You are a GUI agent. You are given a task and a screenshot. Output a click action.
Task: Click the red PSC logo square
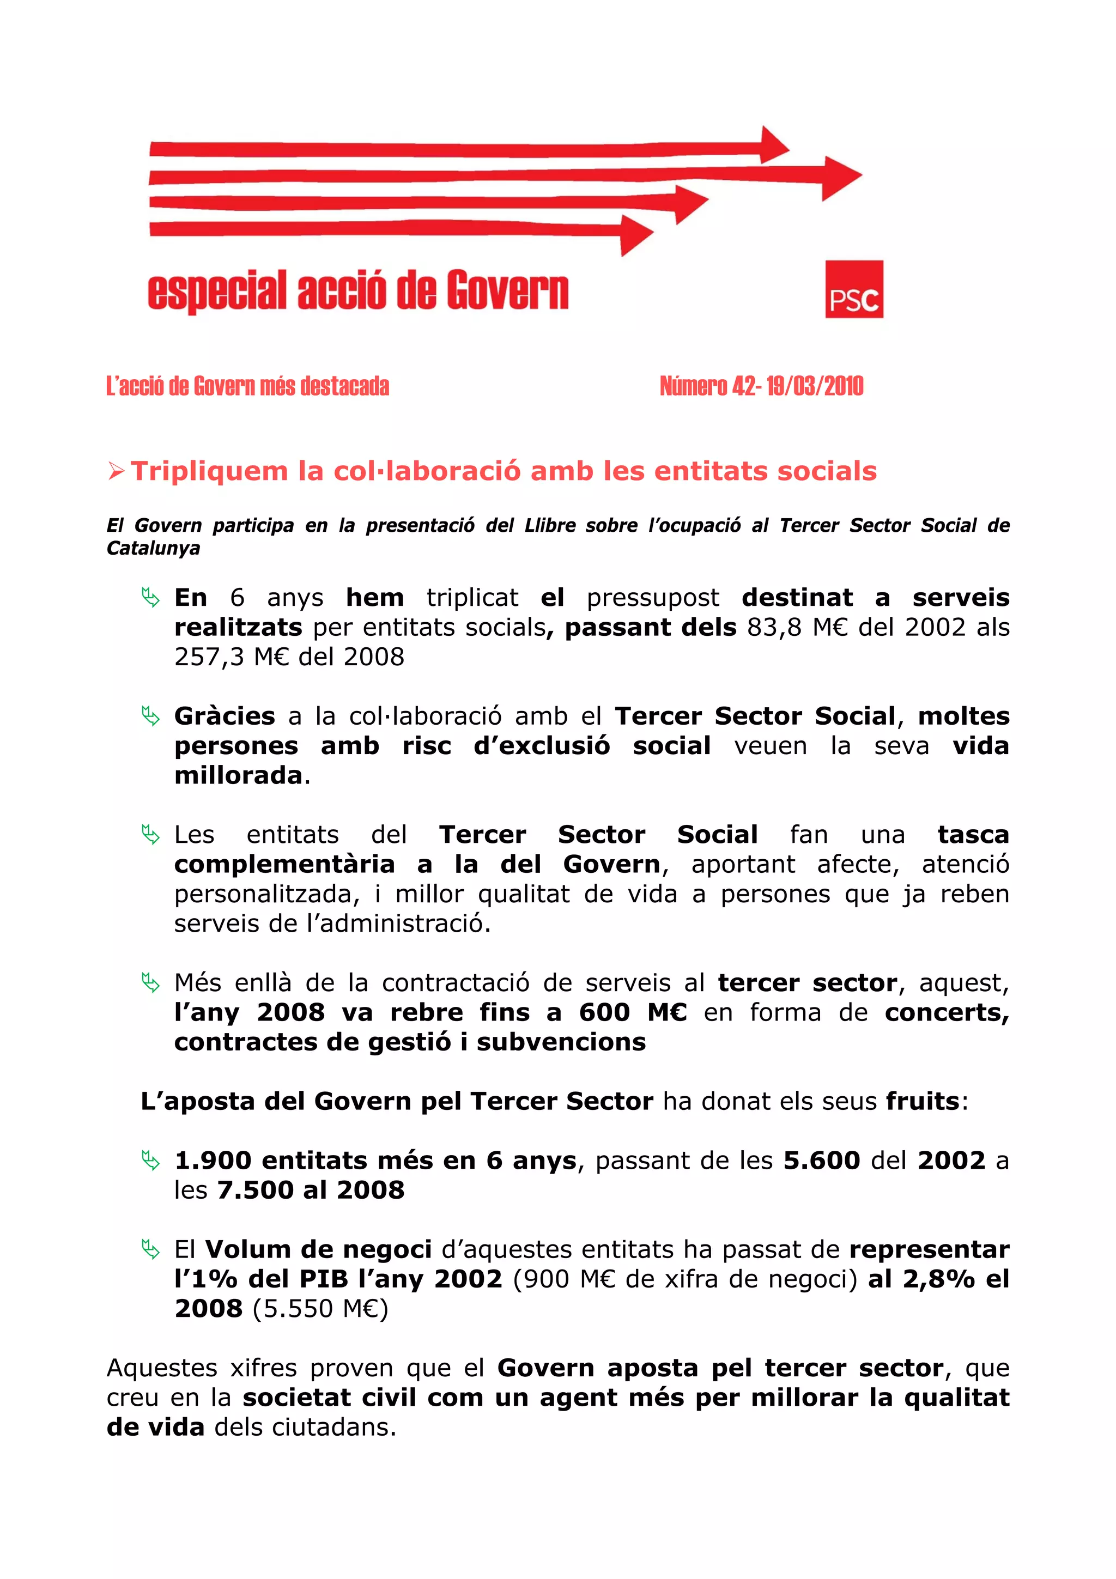[x=853, y=289]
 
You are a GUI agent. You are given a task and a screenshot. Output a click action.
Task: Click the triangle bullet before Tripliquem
[x=116, y=472]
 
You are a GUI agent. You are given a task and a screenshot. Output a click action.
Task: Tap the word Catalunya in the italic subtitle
[x=153, y=549]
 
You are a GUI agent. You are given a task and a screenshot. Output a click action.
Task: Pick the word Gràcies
[x=224, y=716]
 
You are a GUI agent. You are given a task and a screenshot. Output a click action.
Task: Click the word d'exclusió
[x=541, y=745]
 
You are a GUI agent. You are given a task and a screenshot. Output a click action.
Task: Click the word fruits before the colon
[x=922, y=1101]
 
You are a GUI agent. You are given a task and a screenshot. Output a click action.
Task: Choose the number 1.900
[x=213, y=1160]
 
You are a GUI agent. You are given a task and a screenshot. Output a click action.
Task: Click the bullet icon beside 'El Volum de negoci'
[x=150, y=1248]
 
